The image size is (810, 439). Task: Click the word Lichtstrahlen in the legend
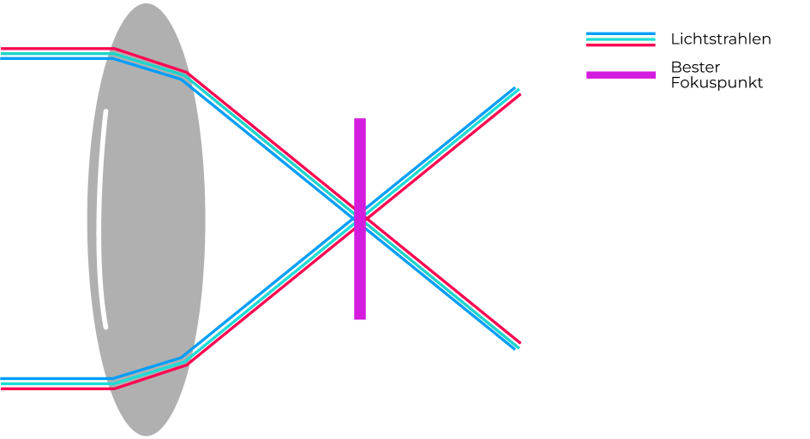click(721, 39)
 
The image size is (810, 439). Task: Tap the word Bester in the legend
click(695, 67)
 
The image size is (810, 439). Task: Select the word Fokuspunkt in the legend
click(717, 82)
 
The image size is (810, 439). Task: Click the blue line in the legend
click(621, 33)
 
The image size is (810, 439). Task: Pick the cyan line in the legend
click(621, 39)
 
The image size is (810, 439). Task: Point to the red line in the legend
click(621, 44)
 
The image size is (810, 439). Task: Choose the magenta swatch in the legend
click(621, 75)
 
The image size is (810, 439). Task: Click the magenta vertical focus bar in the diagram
click(360, 219)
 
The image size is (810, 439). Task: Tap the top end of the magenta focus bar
click(360, 119)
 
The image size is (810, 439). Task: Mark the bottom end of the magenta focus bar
click(360, 319)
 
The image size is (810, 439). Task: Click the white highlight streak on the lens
click(104, 219)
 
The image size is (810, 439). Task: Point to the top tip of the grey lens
click(147, 3)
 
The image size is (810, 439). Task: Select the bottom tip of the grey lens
click(147, 436)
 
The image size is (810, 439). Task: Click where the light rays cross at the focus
click(360, 219)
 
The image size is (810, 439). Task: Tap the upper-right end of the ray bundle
click(518, 90)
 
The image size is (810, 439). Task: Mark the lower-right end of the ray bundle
click(518, 346)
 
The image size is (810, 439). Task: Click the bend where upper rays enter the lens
click(113, 54)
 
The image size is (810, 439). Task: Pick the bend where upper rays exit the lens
click(184, 75)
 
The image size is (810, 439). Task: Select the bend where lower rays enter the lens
click(113, 383)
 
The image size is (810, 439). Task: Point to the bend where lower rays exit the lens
click(184, 362)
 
